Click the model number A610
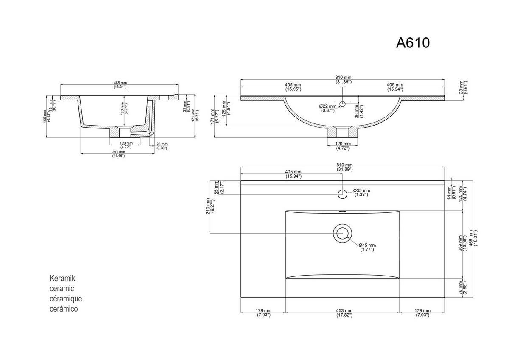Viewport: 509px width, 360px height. click(x=413, y=43)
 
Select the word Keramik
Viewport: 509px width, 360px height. click(x=62, y=279)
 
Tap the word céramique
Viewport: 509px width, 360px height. click(x=66, y=299)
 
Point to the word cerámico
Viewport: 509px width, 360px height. click(x=64, y=309)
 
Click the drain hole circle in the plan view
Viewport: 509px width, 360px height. click(x=342, y=233)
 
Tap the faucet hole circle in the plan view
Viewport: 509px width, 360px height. click(x=342, y=194)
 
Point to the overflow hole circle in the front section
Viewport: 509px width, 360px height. click(x=343, y=103)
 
